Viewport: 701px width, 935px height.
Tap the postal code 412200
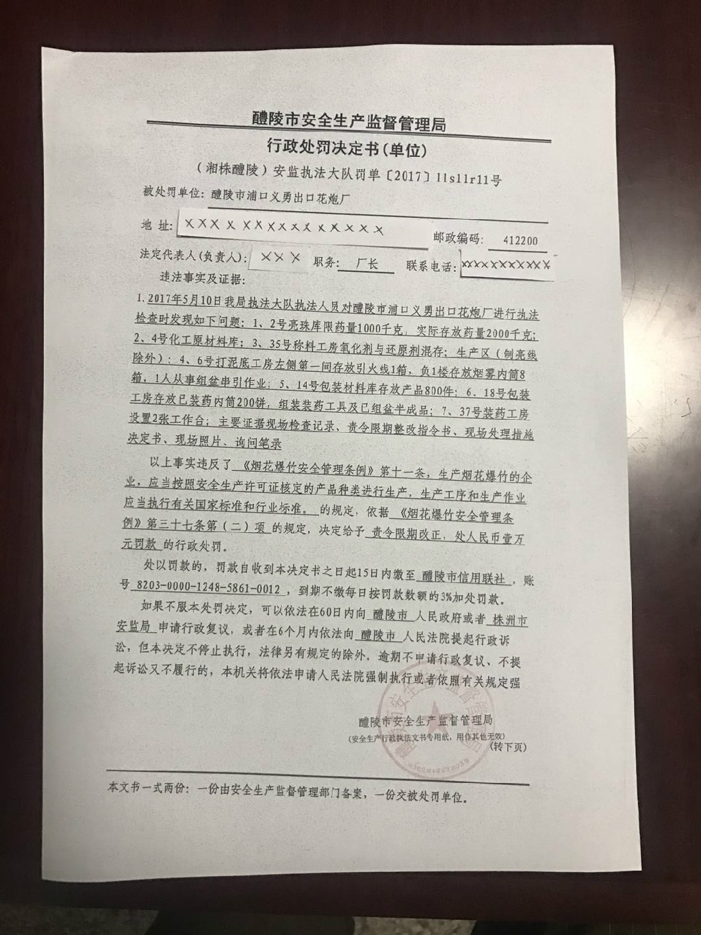tap(520, 240)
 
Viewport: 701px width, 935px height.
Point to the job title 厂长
tap(368, 263)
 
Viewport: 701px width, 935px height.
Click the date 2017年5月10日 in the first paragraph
tap(181, 299)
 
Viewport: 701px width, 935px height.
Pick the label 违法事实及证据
tap(196, 279)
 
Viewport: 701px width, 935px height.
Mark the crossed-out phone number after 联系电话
tap(507, 264)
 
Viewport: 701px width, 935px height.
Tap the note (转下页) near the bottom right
tap(508, 747)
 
